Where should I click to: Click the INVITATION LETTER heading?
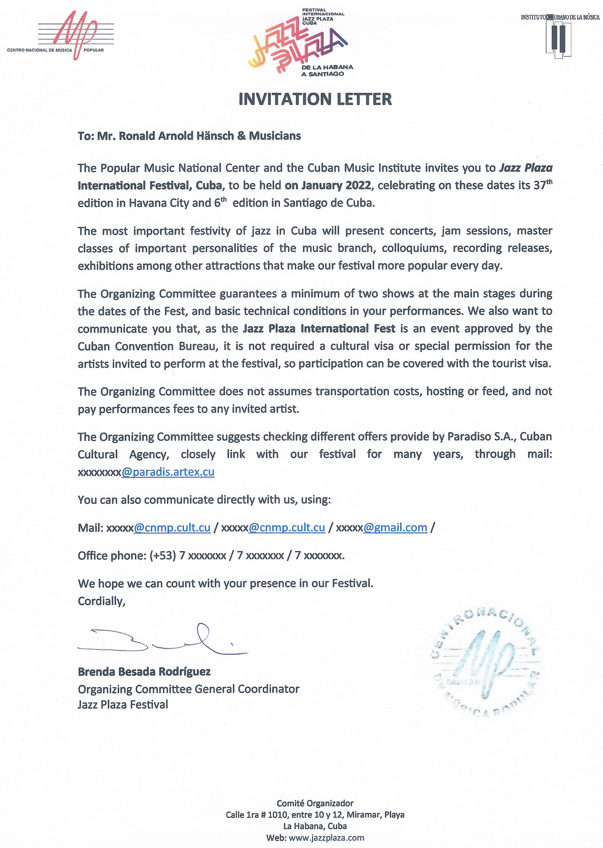tap(315, 99)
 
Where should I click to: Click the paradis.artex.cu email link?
tap(168, 472)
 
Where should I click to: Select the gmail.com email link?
tap(395, 528)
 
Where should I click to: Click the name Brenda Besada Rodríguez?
tap(144, 672)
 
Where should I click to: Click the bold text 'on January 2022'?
tap(328, 186)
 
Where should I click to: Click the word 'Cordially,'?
tap(101, 601)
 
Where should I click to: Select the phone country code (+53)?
tap(163, 556)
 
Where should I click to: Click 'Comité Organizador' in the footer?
tap(315, 803)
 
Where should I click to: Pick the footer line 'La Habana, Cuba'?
tap(315, 826)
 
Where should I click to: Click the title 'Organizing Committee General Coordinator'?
tap(188, 689)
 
